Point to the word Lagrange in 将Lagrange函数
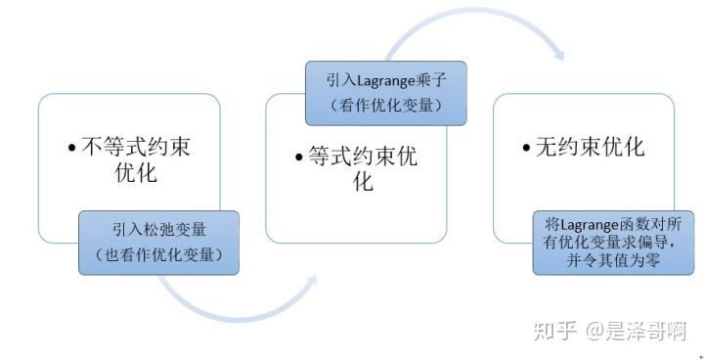tap(591, 223)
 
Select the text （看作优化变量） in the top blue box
tap(385, 105)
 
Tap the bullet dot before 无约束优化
tap(528, 149)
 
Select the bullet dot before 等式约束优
tap(299, 157)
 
